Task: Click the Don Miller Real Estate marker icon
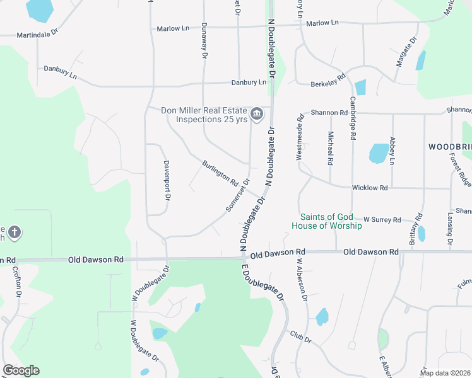point(256,114)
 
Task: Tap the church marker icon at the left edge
point(14,233)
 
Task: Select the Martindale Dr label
point(37,35)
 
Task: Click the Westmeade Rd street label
point(300,135)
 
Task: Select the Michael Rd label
point(330,148)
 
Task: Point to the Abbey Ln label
point(392,151)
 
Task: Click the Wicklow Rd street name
point(369,188)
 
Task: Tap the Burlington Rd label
point(220,173)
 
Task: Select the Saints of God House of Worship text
point(326,221)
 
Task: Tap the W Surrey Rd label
point(382,219)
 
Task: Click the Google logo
point(21,370)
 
